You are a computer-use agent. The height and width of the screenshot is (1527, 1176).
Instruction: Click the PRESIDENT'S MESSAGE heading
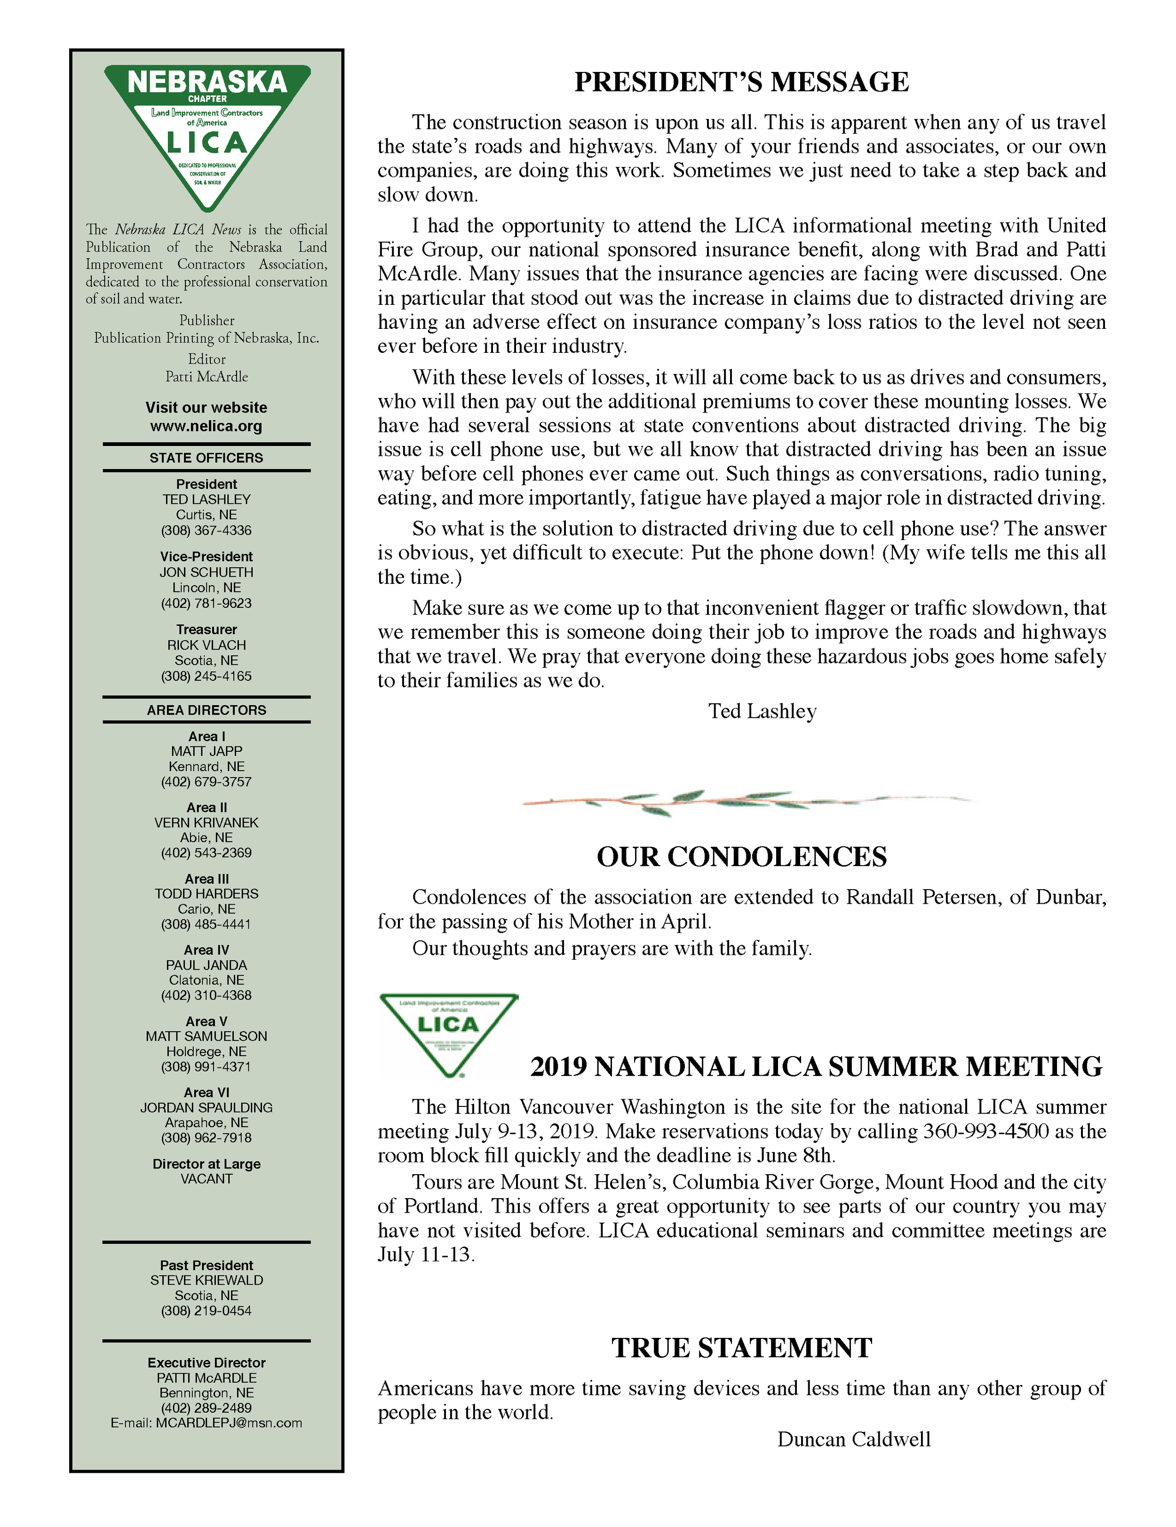point(741,82)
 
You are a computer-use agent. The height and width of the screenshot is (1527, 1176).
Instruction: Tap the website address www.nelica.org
point(206,426)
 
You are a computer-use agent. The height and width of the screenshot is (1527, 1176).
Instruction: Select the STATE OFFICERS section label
point(206,458)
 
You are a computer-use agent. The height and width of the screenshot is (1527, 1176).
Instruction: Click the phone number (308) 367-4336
point(206,531)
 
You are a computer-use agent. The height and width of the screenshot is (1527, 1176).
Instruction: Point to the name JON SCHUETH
point(206,572)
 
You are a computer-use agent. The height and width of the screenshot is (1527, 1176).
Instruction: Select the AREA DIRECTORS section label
point(206,710)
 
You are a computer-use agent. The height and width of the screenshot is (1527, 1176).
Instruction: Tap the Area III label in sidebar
point(206,879)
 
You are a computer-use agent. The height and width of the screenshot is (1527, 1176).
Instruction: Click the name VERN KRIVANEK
point(206,823)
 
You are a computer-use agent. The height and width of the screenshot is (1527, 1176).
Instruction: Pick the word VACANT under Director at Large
point(206,1179)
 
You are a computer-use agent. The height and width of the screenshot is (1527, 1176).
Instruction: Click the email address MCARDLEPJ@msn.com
point(229,1423)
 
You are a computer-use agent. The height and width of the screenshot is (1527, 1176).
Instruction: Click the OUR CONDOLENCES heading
point(741,857)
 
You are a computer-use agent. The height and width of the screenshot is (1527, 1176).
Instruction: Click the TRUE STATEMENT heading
point(741,1348)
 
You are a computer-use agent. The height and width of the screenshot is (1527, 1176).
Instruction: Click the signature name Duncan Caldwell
point(854,1440)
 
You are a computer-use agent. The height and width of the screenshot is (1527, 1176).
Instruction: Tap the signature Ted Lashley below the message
point(762,712)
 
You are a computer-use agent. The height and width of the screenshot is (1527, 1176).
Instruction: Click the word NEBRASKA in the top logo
point(207,82)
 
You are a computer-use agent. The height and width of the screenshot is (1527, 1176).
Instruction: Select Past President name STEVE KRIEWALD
point(206,1280)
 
